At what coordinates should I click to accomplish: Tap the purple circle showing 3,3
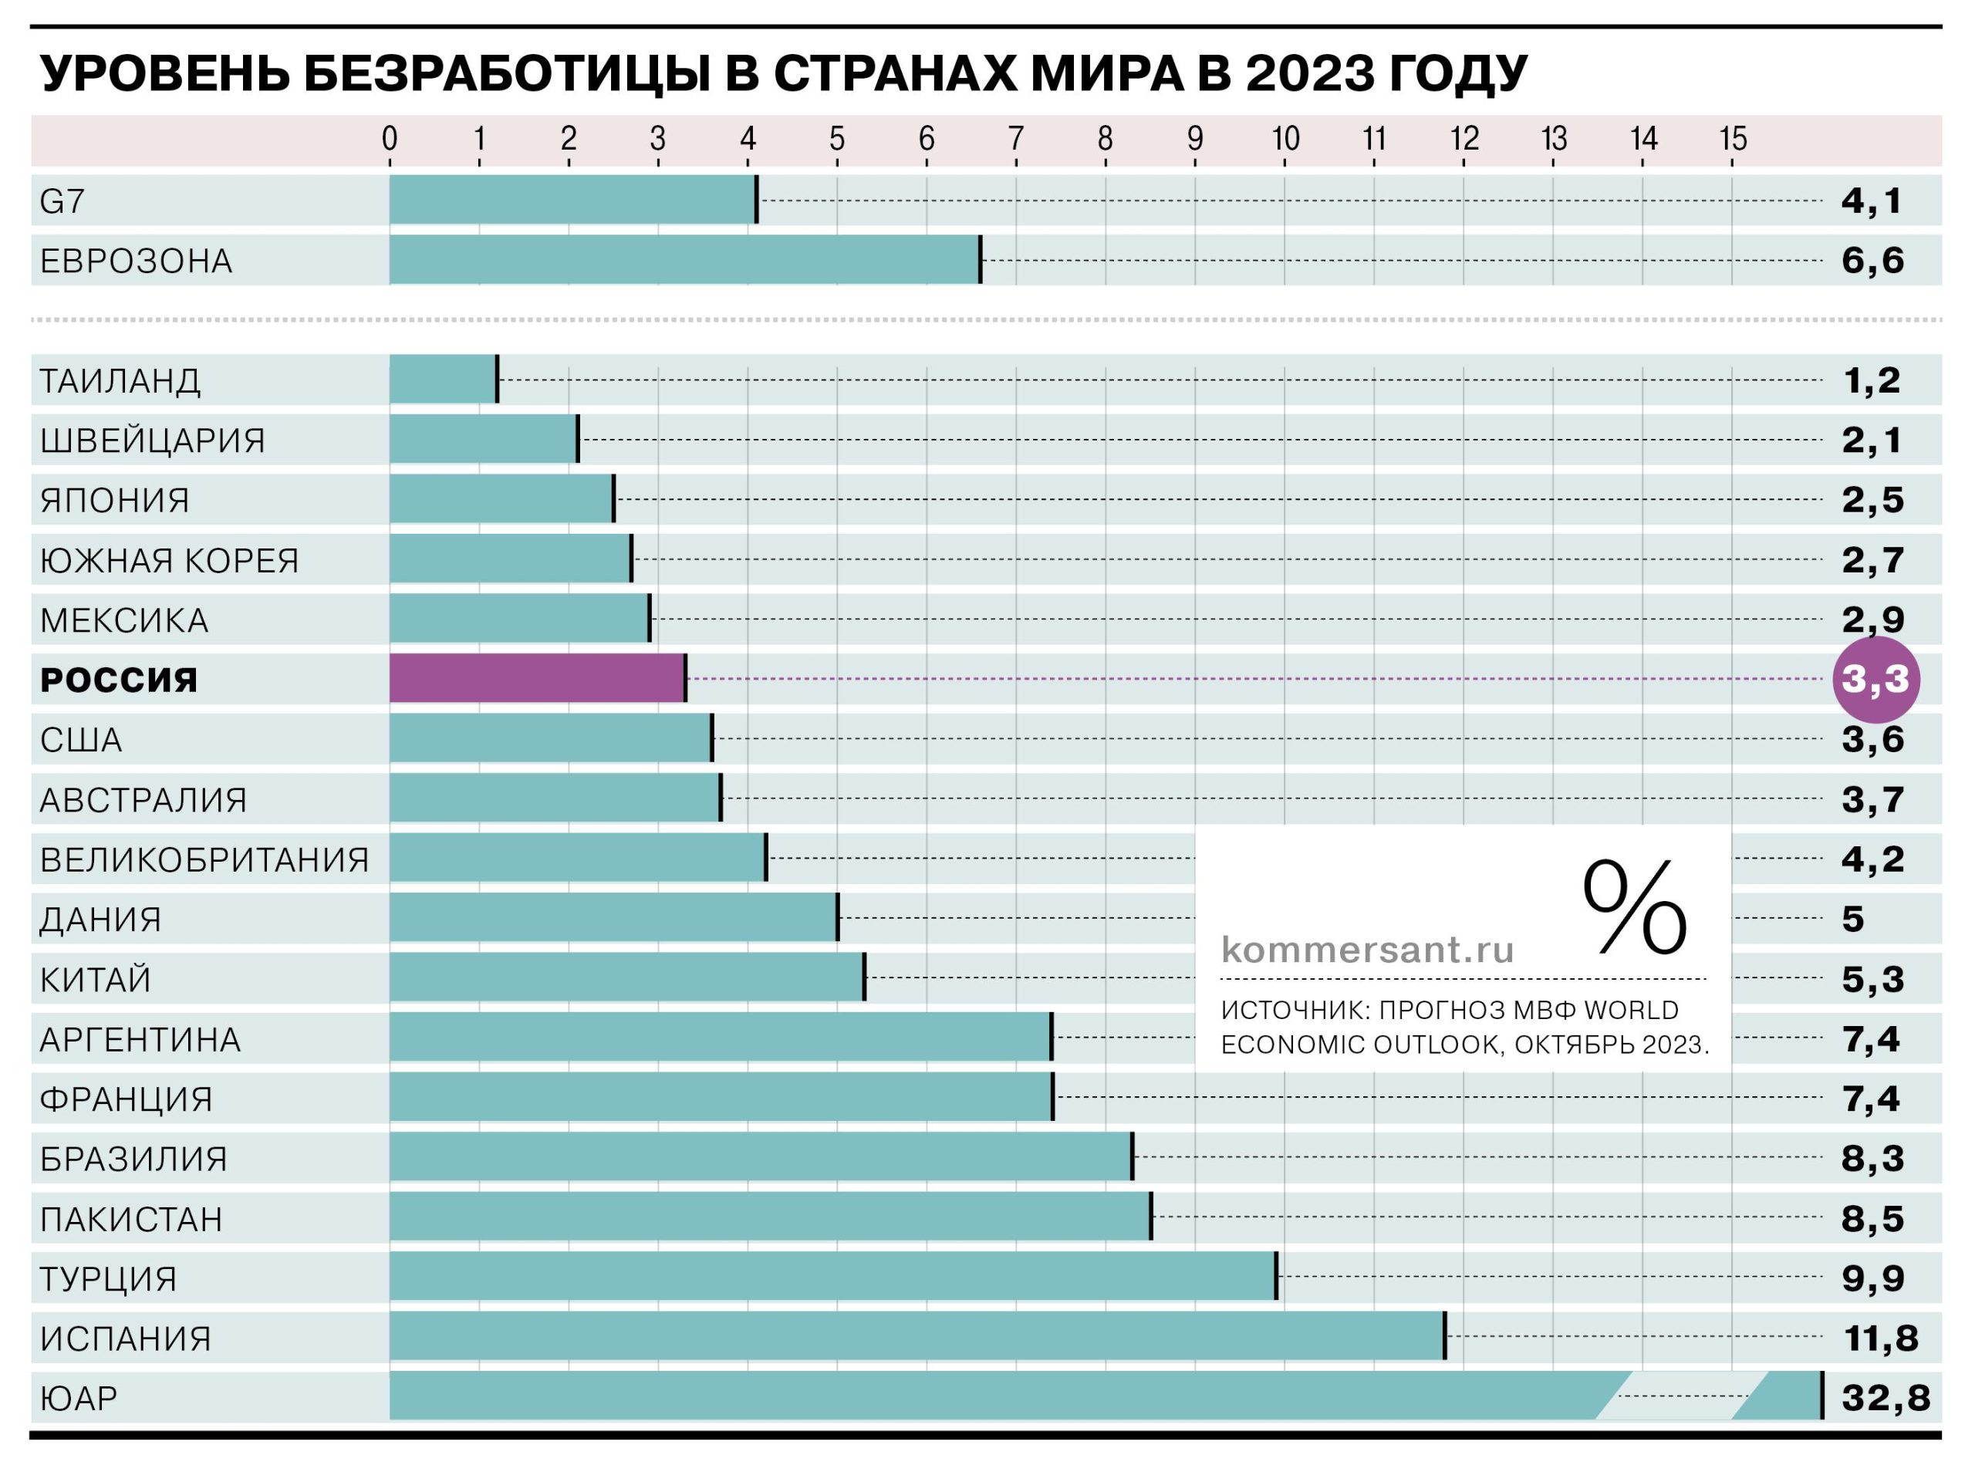click(1875, 680)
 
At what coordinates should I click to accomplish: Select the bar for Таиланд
click(443, 380)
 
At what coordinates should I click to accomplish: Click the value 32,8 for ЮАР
click(1886, 1398)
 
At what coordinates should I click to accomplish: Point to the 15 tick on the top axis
click(1733, 139)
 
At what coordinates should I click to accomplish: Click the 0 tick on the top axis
click(390, 139)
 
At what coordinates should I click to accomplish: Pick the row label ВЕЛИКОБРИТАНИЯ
click(204, 859)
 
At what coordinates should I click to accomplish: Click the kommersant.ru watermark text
click(1368, 950)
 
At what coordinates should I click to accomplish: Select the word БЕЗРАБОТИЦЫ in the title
click(505, 73)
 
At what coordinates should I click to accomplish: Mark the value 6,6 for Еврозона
click(1872, 260)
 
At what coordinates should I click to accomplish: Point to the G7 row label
click(62, 201)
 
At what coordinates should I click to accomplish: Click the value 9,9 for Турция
click(1872, 1278)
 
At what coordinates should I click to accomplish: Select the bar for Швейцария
click(483, 439)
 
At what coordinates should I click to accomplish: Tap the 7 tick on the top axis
click(1015, 139)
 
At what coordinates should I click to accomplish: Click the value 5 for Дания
click(1852, 919)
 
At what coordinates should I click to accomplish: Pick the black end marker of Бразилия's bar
click(1133, 1156)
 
